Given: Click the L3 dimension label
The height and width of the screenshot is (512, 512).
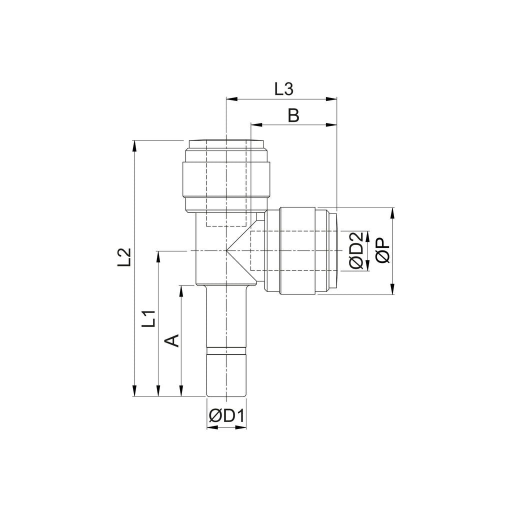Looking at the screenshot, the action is [284, 89].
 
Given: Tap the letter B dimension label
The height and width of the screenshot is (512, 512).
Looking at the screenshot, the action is [293, 115].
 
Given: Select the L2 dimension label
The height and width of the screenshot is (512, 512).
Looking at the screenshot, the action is [124, 257].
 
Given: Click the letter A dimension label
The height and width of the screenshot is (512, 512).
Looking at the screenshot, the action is [172, 340].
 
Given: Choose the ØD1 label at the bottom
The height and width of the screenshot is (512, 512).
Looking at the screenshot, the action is [226, 416].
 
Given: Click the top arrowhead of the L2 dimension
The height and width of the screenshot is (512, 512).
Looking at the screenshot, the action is [134, 145].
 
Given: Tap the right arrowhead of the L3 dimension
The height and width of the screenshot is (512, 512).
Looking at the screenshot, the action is [331, 98].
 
